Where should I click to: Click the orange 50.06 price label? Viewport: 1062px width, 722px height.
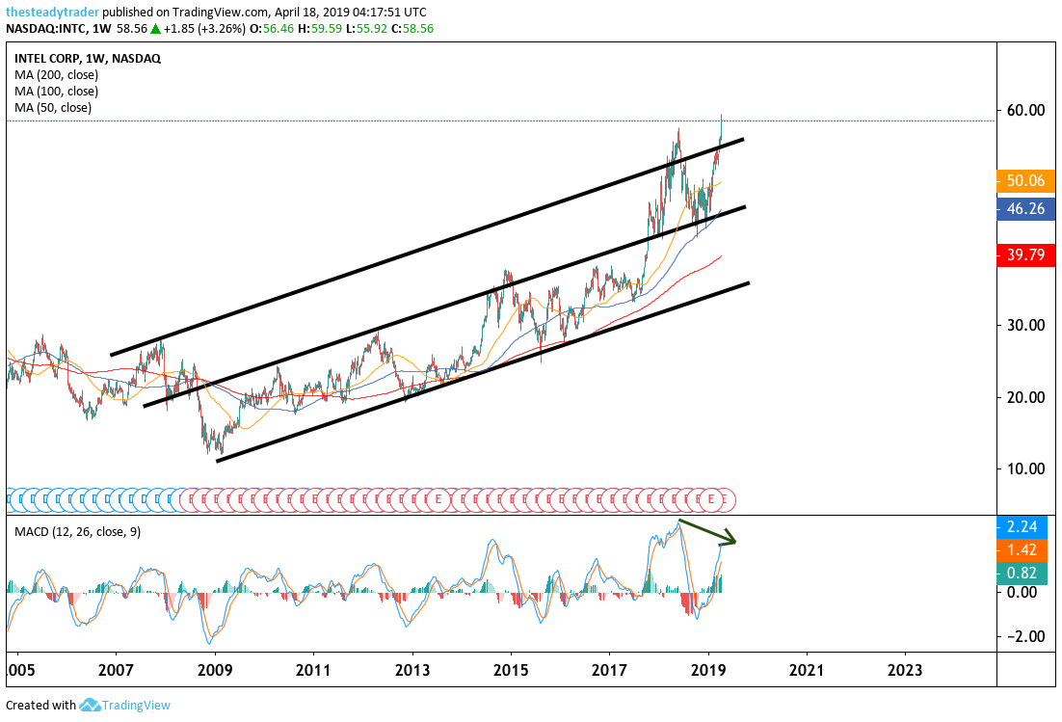[x=1024, y=180]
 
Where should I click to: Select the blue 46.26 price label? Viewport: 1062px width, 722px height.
[x=1024, y=207]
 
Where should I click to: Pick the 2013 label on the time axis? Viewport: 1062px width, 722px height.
[x=412, y=669]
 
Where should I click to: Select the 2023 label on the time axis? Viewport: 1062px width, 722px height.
[x=904, y=669]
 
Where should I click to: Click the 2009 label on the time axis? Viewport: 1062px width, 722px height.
[x=215, y=669]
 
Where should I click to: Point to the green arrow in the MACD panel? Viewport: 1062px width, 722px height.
[x=708, y=532]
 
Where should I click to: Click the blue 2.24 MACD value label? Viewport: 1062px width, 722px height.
[x=1024, y=527]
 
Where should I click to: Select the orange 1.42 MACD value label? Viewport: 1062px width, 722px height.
[x=1024, y=550]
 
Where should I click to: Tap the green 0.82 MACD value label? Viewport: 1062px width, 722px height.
[x=1024, y=573]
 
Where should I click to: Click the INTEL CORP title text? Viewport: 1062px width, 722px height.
[x=47, y=58]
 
